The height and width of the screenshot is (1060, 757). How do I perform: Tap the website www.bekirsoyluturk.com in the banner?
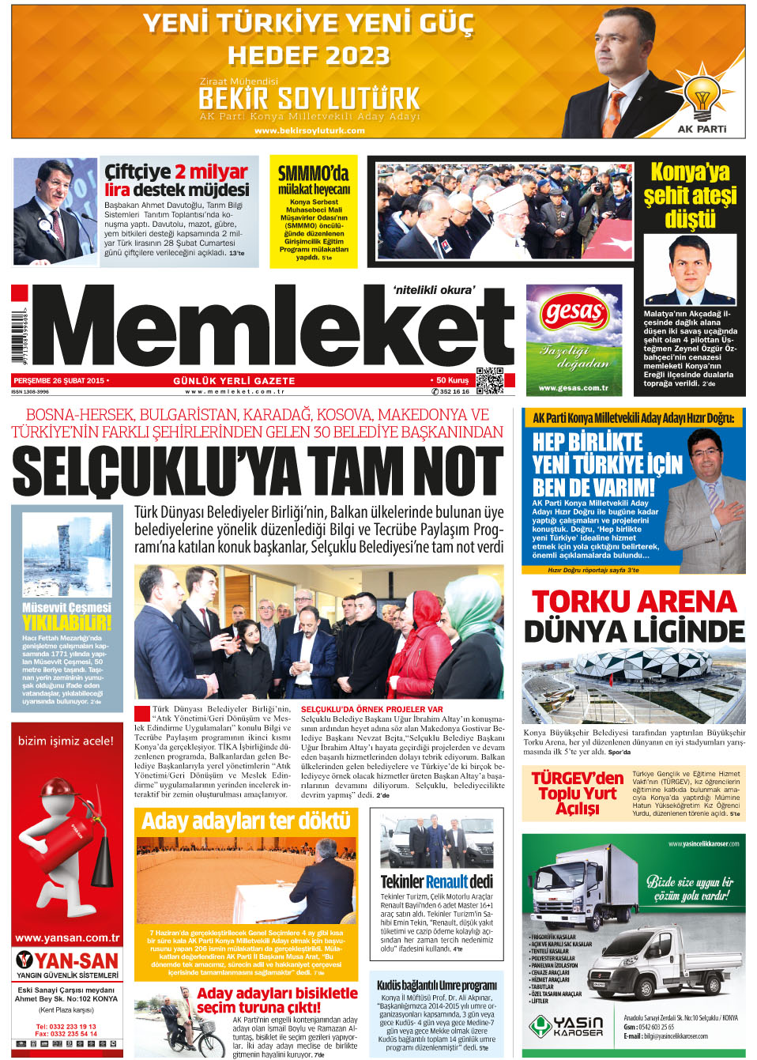310,130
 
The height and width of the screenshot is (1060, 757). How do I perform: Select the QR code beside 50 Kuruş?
490,381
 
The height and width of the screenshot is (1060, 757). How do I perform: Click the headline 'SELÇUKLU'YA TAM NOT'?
258,472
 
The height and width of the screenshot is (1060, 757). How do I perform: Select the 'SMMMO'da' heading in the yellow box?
314,173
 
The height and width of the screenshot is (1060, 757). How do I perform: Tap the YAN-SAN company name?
76,961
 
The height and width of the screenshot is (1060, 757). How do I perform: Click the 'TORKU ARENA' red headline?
634,602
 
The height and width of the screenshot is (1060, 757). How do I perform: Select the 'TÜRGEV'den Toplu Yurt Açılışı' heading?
578,793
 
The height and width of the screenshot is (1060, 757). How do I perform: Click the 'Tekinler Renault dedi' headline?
436,881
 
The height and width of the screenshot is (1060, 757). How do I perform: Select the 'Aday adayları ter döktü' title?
246,822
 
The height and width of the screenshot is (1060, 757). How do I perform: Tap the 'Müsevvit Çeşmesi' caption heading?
67,607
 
